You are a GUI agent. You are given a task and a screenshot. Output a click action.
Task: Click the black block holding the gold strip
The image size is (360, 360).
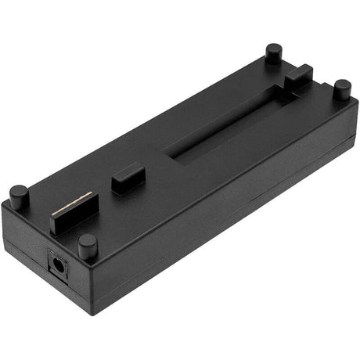coord(74,217)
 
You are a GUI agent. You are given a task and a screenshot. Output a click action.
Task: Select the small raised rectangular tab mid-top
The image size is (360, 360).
coord(128,177)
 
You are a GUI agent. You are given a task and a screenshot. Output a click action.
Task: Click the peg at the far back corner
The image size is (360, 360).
coord(273,54)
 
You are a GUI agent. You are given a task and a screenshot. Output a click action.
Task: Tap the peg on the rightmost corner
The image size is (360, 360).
coord(342,88)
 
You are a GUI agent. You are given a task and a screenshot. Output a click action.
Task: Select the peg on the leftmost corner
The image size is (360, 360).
coord(19,196)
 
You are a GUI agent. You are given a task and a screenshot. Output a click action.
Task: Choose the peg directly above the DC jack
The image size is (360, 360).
coord(88,245)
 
